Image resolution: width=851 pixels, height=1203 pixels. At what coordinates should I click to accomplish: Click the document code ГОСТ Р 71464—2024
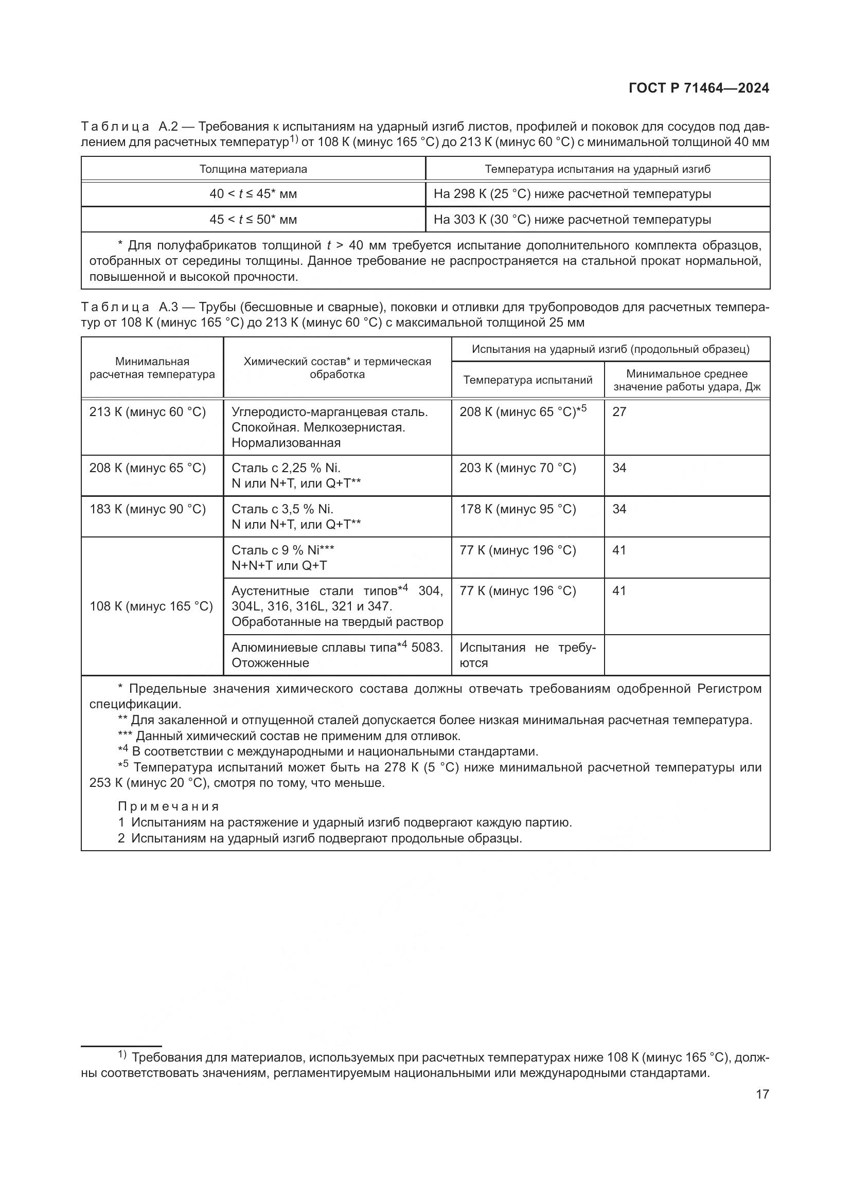699,88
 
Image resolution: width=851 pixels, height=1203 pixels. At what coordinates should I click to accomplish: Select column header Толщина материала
253,169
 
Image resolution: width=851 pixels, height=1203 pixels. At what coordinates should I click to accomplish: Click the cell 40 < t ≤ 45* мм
253,194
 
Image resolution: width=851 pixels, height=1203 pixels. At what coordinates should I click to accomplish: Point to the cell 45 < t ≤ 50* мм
253,220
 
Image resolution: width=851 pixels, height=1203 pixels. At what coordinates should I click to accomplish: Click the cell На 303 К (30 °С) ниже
572,220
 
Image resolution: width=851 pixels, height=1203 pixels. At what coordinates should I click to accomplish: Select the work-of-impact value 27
619,412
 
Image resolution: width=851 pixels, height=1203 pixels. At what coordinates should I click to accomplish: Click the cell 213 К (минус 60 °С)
148,412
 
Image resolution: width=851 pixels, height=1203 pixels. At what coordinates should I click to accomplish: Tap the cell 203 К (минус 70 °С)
518,468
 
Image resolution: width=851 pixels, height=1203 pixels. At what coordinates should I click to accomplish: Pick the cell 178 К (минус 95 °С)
518,509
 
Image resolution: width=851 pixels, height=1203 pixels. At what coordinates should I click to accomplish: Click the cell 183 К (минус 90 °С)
148,509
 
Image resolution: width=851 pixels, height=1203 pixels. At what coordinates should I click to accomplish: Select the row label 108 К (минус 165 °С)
151,606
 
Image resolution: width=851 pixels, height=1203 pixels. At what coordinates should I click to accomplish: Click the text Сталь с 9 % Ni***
283,550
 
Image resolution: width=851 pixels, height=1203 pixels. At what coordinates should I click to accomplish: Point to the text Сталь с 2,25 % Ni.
286,468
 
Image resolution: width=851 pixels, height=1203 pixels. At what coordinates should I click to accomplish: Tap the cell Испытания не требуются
527,655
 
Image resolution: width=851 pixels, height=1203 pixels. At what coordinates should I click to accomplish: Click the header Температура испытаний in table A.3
528,380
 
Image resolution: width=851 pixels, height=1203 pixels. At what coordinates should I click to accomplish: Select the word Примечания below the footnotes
168,806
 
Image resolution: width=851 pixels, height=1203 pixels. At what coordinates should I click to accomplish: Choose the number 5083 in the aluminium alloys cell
427,648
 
